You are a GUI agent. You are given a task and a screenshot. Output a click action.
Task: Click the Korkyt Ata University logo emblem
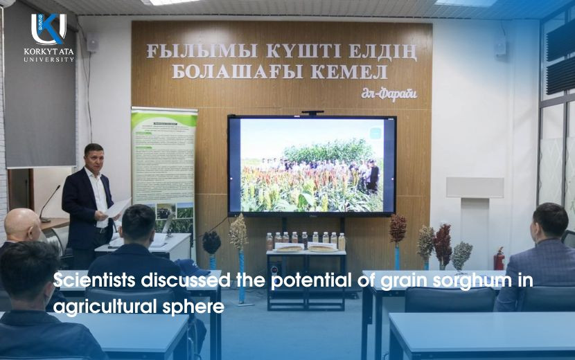click(48, 29)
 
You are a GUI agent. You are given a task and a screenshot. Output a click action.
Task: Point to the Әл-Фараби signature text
click(389, 94)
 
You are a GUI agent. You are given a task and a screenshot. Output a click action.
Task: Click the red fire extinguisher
click(499, 260)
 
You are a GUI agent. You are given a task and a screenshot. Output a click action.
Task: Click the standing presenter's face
click(94, 158)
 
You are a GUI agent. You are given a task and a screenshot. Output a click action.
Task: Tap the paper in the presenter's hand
click(117, 206)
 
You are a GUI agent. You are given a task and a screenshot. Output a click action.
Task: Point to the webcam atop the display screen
click(312, 112)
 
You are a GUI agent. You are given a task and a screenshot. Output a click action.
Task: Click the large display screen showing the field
click(312, 165)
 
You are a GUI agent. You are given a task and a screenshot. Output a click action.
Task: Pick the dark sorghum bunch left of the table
click(212, 242)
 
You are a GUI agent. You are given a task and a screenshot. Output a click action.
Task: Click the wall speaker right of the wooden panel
click(500, 46)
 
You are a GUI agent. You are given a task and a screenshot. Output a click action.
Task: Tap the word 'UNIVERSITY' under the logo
click(48, 60)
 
